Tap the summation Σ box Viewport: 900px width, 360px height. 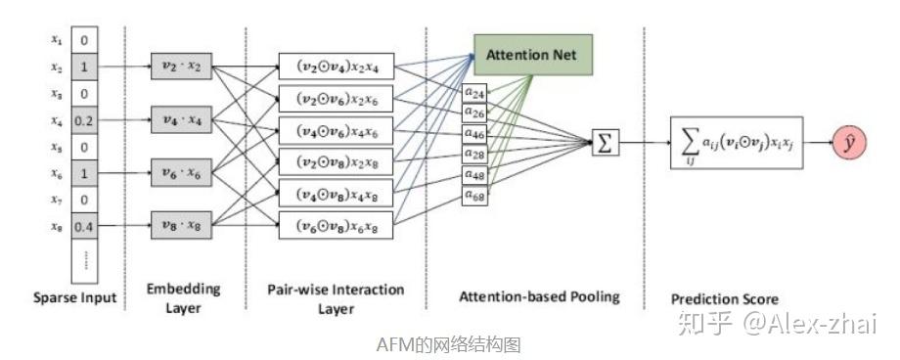click(x=606, y=144)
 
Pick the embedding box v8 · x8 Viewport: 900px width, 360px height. click(x=181, y=225)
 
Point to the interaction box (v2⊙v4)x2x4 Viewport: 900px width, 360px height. click(x=336, y=67)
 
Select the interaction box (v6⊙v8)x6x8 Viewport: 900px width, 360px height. click(x=336, y=226)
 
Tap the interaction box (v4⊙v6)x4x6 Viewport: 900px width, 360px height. click(x=336, y=130)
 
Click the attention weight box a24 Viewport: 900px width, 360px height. click(x=475, y=93)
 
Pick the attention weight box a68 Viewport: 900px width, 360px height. click(x=475, y=197)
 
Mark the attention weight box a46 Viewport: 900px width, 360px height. click(x=475, y=135)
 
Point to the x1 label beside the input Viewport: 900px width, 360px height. click(x=57, y=41)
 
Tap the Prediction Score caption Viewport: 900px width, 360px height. click(x=724, y=298)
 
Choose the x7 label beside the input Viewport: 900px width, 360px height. click(x=57, y=201)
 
